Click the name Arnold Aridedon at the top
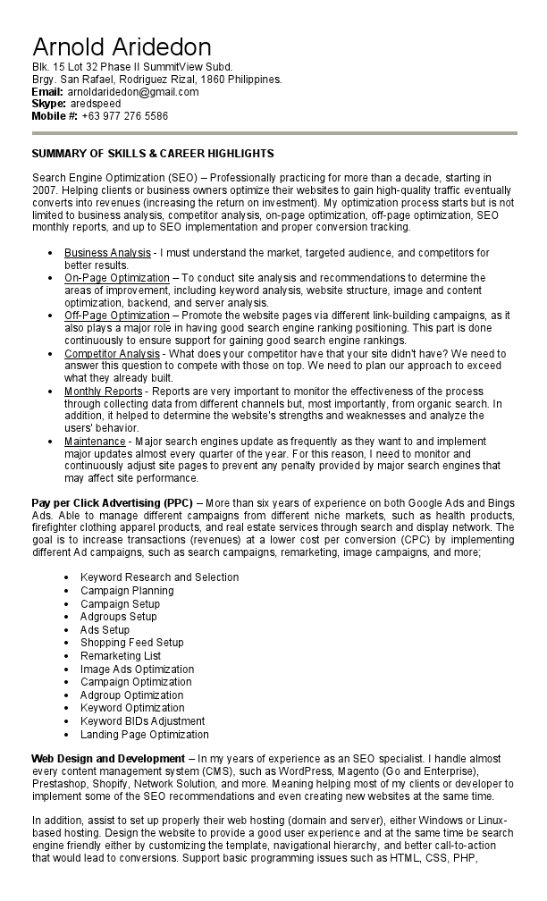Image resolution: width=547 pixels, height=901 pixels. [122, 47]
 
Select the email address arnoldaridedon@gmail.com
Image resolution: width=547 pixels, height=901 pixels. [132, 92]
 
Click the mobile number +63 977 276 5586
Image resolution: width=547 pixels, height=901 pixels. [124, 116]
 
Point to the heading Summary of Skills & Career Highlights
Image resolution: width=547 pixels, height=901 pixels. [153, 154]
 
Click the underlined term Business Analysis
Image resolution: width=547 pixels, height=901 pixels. [107, 253]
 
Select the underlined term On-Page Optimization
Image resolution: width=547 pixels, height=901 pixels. [116, 278]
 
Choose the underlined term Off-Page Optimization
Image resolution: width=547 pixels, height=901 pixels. [116, 316]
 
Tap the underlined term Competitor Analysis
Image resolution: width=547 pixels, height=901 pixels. [112, 354]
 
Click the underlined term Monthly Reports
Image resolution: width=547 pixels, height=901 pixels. [103, 392]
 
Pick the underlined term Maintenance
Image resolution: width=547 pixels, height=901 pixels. [95, 442]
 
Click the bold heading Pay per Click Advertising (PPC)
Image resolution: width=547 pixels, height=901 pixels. [112, 502]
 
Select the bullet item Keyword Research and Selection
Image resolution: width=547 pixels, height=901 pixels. [159, 577]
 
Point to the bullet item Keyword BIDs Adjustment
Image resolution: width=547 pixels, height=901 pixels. [142, 721]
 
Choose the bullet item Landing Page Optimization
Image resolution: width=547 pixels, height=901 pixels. [145, 735]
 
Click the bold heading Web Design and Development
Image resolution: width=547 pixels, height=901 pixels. [108, 759]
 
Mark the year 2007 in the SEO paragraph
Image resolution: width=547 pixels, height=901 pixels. [44, 191]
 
